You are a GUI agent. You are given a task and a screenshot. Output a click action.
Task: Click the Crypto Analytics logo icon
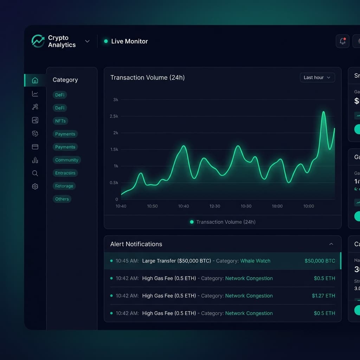point(38,41)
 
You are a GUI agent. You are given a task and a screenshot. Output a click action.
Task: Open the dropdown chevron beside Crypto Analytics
point(87,41)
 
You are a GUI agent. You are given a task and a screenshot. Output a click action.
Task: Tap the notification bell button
point(342,41)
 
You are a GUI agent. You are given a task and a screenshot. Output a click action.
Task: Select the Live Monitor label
point(129,41)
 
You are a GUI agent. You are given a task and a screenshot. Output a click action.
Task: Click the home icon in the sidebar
point(35,81)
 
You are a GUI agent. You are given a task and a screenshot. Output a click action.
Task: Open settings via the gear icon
point(35,186)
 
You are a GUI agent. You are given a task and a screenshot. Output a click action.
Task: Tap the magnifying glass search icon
point(35,173)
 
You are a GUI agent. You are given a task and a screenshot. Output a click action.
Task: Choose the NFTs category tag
point(60,121)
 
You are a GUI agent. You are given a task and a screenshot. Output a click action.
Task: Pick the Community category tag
point(66,160)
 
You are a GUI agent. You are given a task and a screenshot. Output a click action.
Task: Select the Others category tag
point(62,199)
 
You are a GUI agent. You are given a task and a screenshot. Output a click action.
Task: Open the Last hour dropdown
point(317,77)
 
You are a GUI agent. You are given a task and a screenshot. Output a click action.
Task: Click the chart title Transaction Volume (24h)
point(147,78)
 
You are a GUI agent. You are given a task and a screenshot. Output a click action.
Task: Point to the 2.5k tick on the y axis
point(115,116)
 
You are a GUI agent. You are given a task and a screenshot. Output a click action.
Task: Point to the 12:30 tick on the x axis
point(214,206)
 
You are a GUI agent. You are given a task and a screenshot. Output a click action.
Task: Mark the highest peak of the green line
point(323,112)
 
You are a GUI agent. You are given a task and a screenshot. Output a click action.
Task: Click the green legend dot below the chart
point(192,222)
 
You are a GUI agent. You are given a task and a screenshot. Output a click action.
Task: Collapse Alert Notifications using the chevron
point(331,244)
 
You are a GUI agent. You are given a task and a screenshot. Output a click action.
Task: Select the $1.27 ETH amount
point(323,296)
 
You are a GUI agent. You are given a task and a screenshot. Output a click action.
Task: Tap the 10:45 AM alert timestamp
point(127,261)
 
